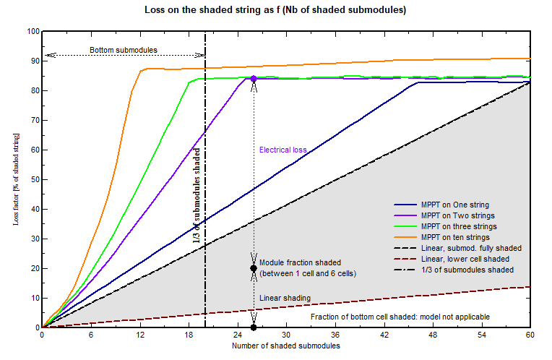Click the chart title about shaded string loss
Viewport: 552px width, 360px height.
coord(277,10)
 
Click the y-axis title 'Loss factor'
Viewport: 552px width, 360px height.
coord(16,179)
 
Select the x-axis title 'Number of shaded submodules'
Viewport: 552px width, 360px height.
coord(285,346)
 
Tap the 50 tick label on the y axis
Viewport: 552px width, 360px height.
coord(33,179)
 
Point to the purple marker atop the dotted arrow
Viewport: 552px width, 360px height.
coord(254,78)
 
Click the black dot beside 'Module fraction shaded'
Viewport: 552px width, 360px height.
coord(254,268)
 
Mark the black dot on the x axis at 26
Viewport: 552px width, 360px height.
coord(254,327)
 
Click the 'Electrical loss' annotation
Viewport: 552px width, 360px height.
coord(283,150)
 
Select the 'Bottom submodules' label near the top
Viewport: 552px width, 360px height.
coord(124,50)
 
